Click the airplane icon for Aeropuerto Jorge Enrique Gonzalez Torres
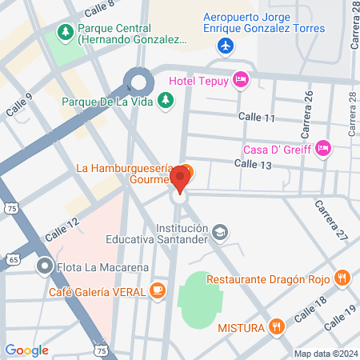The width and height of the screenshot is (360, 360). [x=226, y=45]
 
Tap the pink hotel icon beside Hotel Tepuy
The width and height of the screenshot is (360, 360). [x=240, y=78]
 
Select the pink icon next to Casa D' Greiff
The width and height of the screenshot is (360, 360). [x=322, y=147]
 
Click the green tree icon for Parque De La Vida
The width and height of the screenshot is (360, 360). [x=164, y=100]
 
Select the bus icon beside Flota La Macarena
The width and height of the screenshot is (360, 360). [x=44, y=266]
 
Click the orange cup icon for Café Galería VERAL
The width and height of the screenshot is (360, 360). [x=158, y=291]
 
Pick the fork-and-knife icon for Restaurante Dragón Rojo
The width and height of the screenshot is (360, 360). [x=342, y=278]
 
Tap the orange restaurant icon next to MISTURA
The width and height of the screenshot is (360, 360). [x=276, y=326]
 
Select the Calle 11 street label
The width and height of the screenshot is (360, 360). [x=258, y=118]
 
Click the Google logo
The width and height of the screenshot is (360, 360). [x=26, y=350]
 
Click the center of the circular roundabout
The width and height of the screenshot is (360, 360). [x=139, y=81]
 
